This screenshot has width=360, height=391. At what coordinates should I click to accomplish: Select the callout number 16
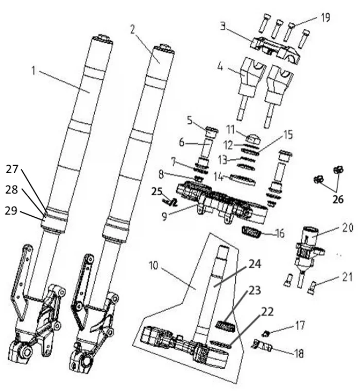(x=280, y=233)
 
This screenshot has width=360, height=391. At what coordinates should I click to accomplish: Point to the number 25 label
(x=157, y=192)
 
